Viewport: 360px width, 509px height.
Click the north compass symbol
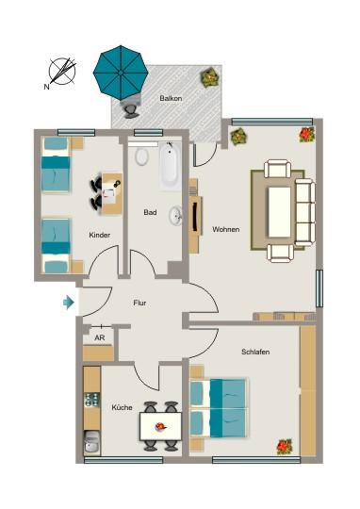point(62,71)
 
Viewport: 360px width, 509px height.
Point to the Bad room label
point(150,213)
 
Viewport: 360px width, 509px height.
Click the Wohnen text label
point(225,229)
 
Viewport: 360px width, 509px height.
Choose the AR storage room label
point(100,336)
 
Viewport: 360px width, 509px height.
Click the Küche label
point(122,407)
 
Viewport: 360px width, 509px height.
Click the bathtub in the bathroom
point(171,167)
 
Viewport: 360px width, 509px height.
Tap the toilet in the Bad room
point(141,156)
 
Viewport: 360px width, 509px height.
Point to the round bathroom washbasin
point(176,217)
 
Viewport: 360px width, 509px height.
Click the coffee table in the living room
point(280,210)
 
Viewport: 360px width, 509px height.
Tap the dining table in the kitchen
point(159,427)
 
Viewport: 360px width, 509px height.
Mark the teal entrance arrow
point(68,303)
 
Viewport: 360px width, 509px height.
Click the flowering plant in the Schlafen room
point(284,446)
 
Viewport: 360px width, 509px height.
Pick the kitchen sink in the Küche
point(91,442)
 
